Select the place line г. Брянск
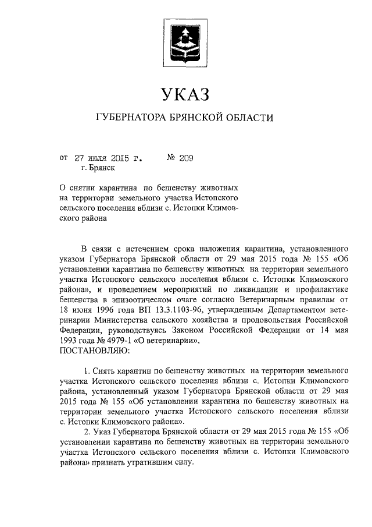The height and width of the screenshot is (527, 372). tap(98, 168)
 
